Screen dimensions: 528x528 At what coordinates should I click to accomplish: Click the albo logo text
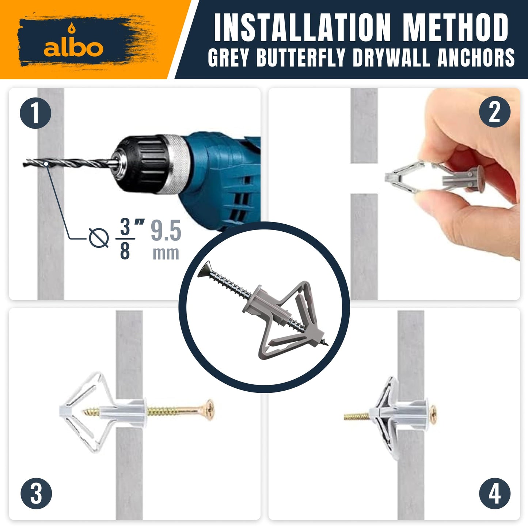(x=73, y=48)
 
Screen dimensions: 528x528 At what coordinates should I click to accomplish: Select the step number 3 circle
(x=36, y=493)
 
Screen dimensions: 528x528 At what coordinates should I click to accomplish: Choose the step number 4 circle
(x=494, y=493)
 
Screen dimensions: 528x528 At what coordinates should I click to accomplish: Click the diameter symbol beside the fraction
(x=99, y=238)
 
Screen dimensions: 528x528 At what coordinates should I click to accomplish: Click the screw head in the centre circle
(x=205, y=270)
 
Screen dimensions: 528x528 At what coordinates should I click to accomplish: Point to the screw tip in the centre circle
(x=326, y=343)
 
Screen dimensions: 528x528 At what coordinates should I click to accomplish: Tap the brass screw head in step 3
(x=209, y=409)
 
